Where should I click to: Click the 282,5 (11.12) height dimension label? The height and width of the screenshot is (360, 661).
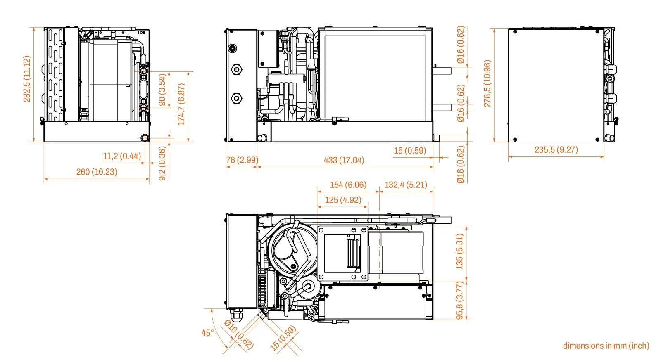point(27,79)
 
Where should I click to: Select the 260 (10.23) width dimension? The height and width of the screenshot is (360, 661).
point(97,172)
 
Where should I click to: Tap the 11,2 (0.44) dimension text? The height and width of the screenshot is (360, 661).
point(122,156)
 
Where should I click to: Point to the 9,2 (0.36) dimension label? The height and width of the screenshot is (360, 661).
point(162,163)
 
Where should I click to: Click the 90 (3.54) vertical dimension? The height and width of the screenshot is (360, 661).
point(162,90)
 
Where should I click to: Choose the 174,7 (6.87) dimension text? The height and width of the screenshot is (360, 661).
point(181,104)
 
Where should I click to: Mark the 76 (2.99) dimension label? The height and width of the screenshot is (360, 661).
point(242,160)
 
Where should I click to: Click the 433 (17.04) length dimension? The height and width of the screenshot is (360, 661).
point(344,160)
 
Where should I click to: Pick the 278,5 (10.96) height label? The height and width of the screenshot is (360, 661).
point(487,83)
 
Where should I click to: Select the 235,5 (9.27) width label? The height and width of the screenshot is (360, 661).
point(556,150)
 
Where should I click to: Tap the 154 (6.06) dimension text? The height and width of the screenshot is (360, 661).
point(348,185)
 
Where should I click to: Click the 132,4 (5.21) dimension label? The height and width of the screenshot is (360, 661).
point(406,185)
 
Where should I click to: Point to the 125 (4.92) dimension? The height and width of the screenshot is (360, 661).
point(343,200)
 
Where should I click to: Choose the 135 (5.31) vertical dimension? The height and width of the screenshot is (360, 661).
point(459,251)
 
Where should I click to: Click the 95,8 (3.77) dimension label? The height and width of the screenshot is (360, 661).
point(459,301)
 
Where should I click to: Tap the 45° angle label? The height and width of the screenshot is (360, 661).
point(208,333)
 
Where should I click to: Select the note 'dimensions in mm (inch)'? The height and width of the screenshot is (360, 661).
point(606,346)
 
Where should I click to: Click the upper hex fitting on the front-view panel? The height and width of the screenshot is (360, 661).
point(237,69)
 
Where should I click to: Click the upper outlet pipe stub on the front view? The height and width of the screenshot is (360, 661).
point(441,71)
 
